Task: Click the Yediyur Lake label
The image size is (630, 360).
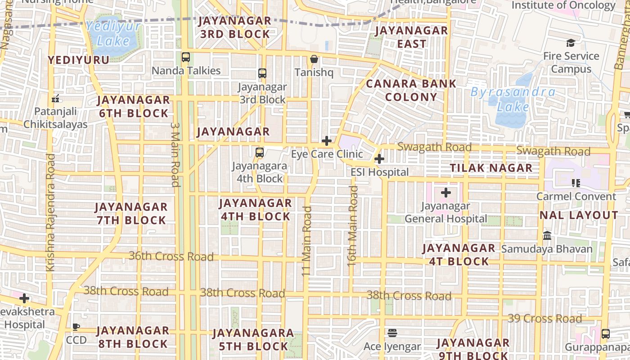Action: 113,34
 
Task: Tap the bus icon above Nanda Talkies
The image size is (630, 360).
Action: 186,57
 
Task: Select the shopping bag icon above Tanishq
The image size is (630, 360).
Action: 314,59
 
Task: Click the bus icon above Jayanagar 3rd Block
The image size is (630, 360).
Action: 262,73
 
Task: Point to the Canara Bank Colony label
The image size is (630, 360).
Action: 411,90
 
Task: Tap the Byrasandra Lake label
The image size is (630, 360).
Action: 513,99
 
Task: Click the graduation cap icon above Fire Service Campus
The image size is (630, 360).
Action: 571,43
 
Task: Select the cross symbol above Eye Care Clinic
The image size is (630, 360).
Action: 327,141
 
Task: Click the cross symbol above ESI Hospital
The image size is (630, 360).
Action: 379,159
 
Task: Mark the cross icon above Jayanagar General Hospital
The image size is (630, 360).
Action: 446,193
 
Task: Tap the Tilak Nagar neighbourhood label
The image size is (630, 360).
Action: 491,168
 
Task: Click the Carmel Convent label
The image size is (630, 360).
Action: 576,196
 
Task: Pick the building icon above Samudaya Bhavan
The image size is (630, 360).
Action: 547,235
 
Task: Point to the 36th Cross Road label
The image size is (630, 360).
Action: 171,256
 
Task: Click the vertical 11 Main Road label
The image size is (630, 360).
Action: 306,241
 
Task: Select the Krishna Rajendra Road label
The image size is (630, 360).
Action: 50,212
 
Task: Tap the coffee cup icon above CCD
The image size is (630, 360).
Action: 76,327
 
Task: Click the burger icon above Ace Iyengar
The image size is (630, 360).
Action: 392,333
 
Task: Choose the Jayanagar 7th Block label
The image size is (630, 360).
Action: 131,214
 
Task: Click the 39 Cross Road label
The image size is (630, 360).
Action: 544,319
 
